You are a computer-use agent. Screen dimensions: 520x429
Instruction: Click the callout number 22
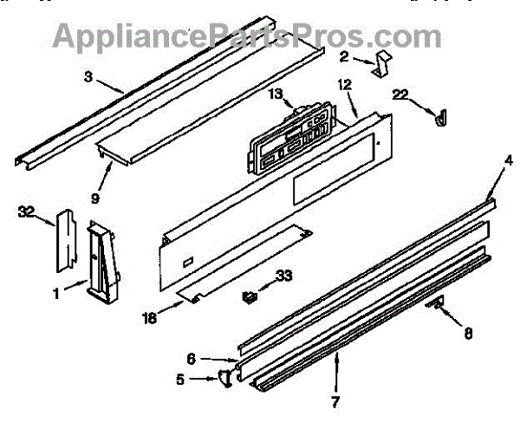click(400, 94)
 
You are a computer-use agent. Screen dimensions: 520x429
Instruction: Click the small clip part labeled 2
click(382, 67)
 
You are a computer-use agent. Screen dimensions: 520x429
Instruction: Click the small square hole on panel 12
click(188, 260)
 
